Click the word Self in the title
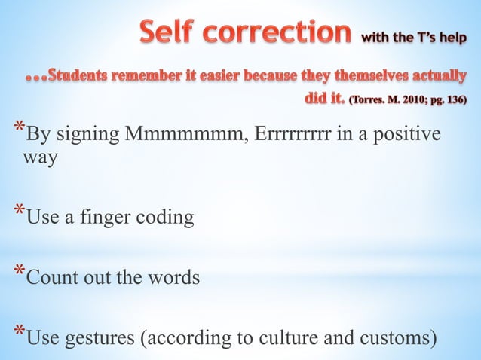click(176, 34)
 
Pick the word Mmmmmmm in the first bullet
click(179, 136)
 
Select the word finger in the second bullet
click(96, 218)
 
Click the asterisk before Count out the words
click(20, 273)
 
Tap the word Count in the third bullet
click(50, 277)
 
